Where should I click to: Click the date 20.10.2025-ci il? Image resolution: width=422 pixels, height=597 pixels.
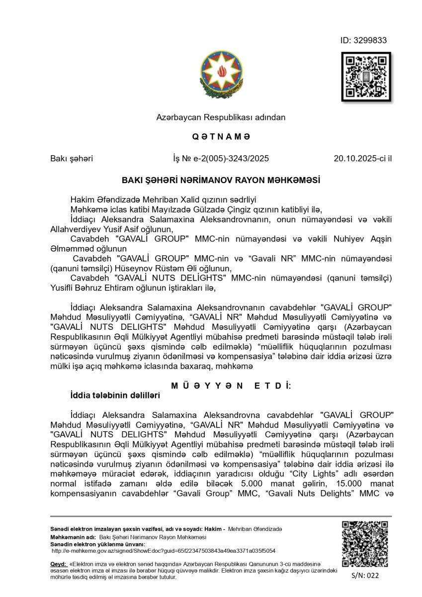click(362, 159)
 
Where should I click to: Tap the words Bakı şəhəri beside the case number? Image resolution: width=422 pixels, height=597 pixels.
click(72, 159)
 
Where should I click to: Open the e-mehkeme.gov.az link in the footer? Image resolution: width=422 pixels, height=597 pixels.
click(164, 551)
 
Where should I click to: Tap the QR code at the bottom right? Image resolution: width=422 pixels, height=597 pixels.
click(365, 544)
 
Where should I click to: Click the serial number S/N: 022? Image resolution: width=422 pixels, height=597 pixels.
click(365, 576)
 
